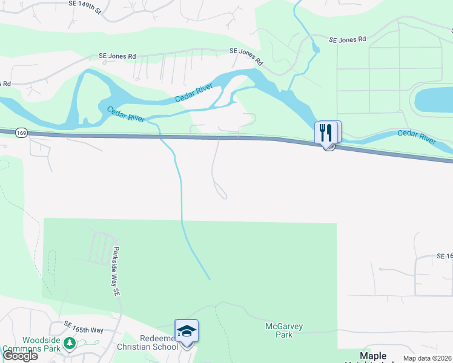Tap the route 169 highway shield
(x=20, y=132)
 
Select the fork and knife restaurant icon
(x=326, y=132)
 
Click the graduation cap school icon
(x=187, y=331)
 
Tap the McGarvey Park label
(x=284, y=330)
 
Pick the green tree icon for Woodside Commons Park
(x=70, y=344)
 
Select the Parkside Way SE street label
(x=116, y=270)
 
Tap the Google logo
(x=20, y=356)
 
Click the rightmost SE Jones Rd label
(x=348, y=39)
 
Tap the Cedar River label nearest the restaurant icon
(x=417, y=136)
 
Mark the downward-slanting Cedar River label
(x=126, y=114)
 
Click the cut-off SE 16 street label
(x=445, y=257)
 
